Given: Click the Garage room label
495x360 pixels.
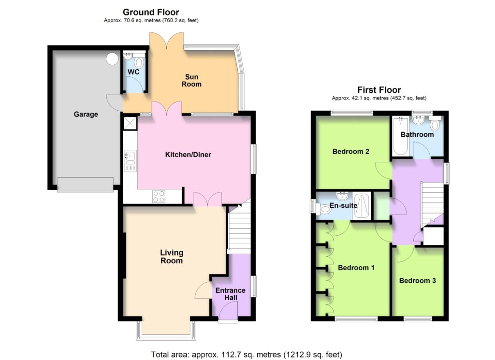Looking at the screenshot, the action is (x=86, y=114).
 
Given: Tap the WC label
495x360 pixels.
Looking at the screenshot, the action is (x=133, y=72).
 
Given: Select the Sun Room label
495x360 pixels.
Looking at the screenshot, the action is (x=191, y=80).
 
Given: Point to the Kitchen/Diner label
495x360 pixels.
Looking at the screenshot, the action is (x=188, y=155).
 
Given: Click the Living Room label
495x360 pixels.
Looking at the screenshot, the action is (x=172, y=257).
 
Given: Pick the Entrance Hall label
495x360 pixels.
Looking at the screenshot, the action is (x=231, y=294).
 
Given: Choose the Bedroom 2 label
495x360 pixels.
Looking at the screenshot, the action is (x=351, y=151).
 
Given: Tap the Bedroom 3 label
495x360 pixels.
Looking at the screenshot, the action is (x=417, y=280).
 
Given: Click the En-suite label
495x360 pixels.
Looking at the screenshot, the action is (x=344, y=205).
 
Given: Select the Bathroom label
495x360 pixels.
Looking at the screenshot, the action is (x=417, y=134).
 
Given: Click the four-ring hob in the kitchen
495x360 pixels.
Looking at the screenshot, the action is (x=159, y=197).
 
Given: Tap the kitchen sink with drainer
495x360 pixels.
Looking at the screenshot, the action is (x=131, y=161).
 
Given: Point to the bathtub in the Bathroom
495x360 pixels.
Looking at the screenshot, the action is (x=401, y=136).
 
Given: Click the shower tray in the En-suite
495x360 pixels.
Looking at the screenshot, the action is (x=362, y=206).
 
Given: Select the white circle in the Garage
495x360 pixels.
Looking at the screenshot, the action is (x=112, y=59).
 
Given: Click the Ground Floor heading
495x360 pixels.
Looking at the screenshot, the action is (x=151, y=12).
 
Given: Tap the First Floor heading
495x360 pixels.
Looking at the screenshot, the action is (x=379, y=90).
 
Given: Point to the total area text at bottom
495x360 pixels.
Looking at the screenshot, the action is (x=247, y=355).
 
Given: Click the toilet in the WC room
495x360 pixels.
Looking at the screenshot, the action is (x=139, y=62).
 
